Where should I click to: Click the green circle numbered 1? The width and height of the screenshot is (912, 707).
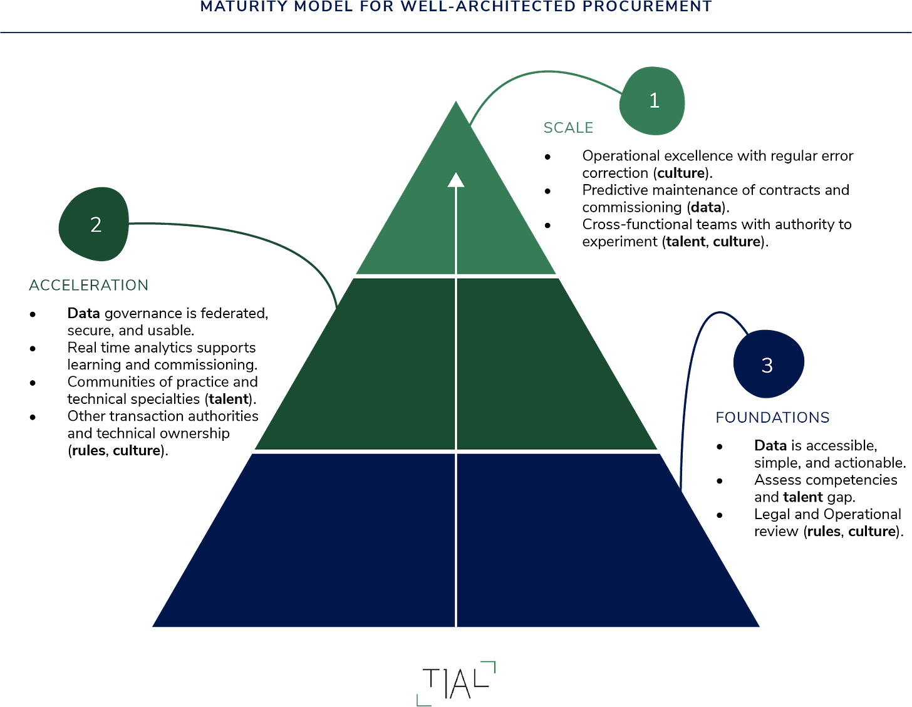click(x=652, y=101)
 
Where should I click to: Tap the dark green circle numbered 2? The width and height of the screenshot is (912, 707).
click(x=95, y=224)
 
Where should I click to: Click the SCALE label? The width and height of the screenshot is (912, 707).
click(x=568, y=127)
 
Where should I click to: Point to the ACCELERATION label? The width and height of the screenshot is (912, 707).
click(x=89, y=285)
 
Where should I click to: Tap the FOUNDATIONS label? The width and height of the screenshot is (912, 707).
click(x=772, y=416)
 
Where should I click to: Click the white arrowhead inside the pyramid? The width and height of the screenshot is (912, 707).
click(x=456, y=180)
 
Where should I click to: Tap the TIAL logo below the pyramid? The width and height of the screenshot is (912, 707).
click(x=455, y=682)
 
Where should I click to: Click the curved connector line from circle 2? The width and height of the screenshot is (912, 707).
click(x=251, y=234)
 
